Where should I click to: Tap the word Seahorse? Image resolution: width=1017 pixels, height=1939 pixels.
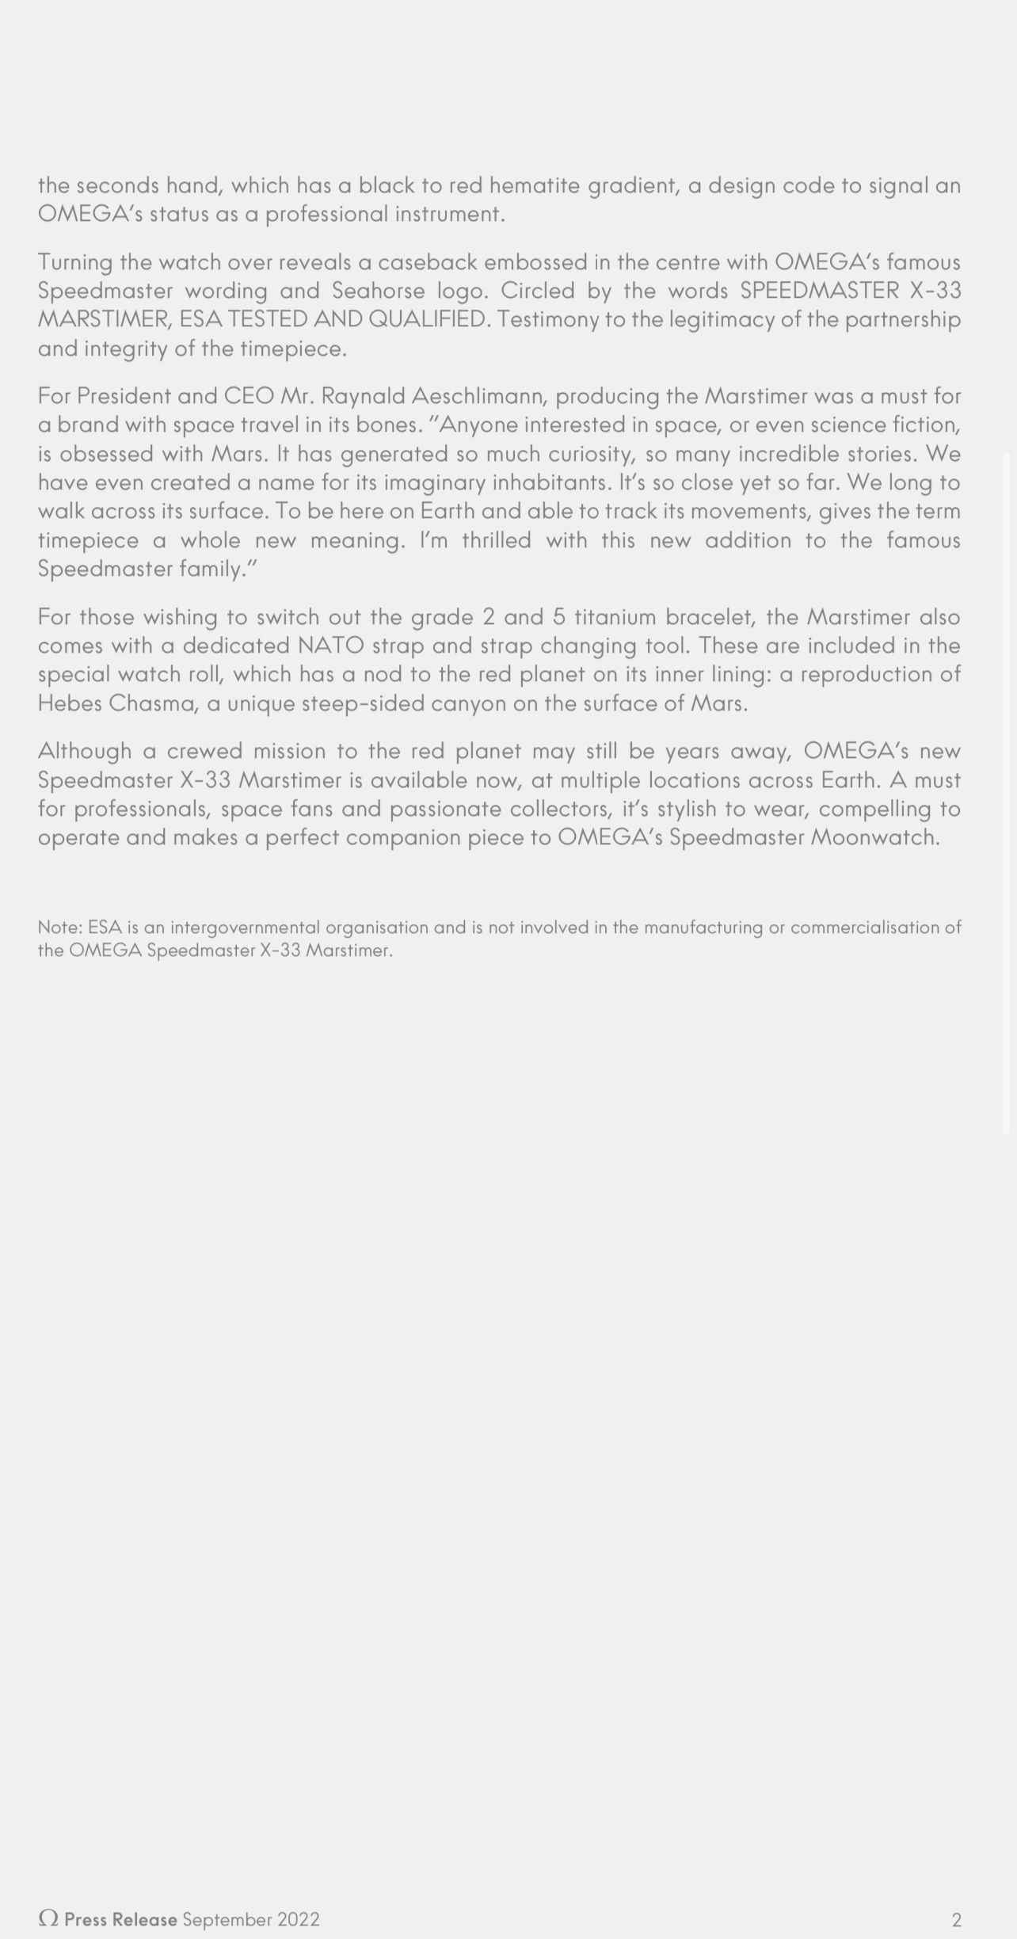(x=378, y=291)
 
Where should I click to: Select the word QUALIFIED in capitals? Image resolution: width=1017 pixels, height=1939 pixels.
(x=427, y=319)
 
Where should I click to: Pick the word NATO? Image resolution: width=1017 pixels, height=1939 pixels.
(x=330, y=646)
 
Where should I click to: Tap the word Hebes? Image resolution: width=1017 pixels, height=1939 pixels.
(x=70, y=703)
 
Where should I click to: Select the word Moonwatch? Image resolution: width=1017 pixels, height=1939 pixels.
(x=874, y=837)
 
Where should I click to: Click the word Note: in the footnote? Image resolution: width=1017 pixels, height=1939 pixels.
(x=59, y=928)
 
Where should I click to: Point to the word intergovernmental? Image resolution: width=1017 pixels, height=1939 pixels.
(x=245, y=928)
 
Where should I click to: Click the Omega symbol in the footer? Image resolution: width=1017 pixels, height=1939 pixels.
(x=48, y=1918)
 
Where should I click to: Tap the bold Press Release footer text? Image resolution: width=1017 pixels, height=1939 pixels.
(x=120, y=1919)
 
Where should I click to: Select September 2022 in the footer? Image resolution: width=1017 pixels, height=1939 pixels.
(x=251, y=1919)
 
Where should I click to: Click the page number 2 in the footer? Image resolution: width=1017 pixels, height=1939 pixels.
(x=956, y=1919)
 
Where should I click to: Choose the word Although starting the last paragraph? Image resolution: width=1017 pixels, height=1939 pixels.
(x=84, y=751)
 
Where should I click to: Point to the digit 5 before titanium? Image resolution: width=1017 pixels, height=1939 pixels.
(x=558, y=617)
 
